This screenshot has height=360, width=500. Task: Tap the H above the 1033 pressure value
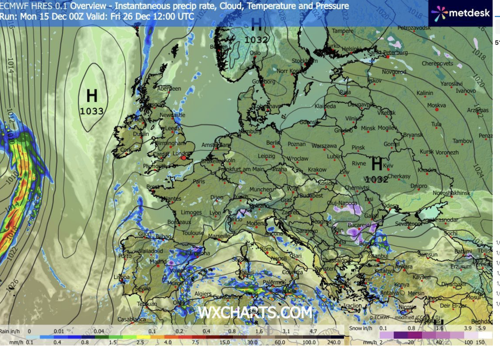[92, 96]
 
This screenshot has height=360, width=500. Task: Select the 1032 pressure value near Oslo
[256, 40]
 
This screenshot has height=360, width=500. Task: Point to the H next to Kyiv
[377, 164]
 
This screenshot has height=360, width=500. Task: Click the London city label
[181, 153]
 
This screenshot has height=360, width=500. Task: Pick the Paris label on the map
[198, 181]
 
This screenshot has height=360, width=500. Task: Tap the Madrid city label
[158, 261]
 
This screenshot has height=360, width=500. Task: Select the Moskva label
[436, 106]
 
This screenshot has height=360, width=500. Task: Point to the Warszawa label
[324, 146]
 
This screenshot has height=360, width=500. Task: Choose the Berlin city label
[273, 143]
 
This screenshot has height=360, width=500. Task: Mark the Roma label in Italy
[267, 249]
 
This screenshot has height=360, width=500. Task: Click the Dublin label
[141, 134]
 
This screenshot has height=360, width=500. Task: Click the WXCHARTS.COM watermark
[255, 312]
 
